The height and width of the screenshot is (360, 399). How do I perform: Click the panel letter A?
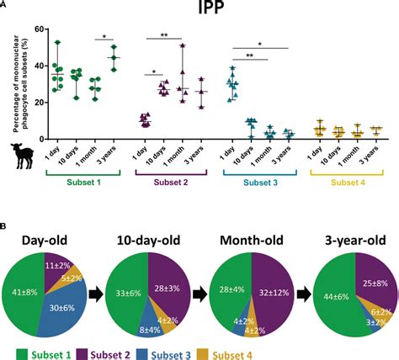pyautogui.click(x=5, y=6)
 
